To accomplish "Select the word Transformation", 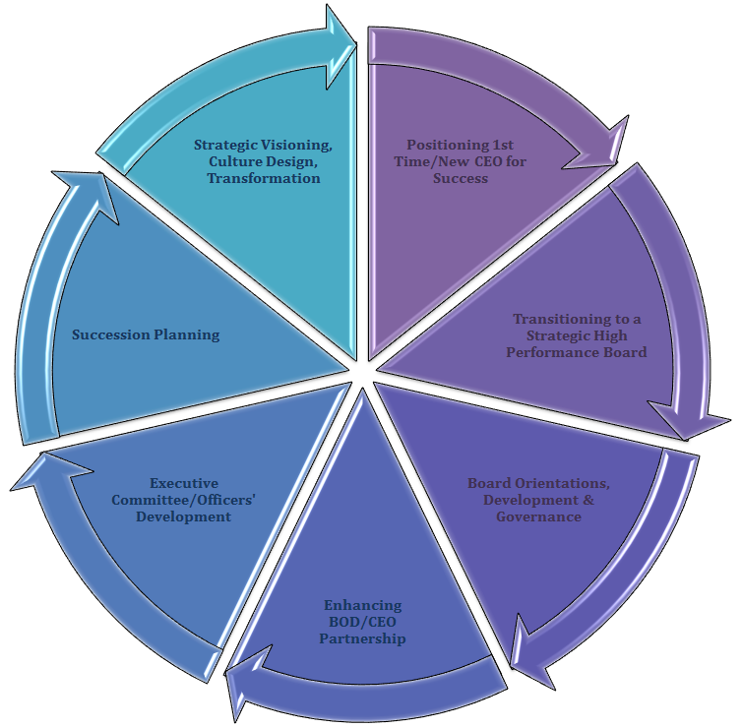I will pyautogui.click(x=263, y=179).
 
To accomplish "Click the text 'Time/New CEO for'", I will pyautogui.click(x=461, y=161).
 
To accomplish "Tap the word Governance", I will pyautogui.click(x=538, y=516).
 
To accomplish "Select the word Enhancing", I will pyautogui.click(x=363, y=605).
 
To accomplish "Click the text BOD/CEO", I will pyautogui.click(x=364, y=622).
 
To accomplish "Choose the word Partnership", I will pyautogui.click(x=364, y=638).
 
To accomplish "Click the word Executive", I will pyautogui.click(x=190, y=483).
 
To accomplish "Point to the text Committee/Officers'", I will pyautogui.click(x=191, y=500).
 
